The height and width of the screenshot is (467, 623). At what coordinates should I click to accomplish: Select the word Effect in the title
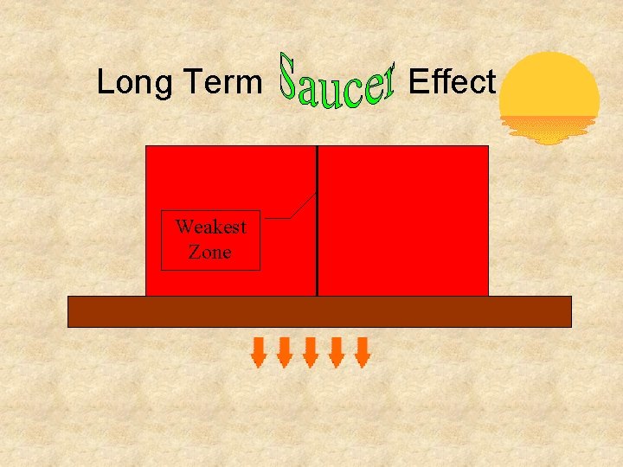tap(452, 82)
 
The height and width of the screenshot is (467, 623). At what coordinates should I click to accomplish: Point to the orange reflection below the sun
tap(549, 131)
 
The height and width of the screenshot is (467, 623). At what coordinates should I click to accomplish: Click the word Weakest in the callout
tap(210, 227)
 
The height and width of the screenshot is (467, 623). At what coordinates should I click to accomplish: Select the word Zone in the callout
tap(210, 252)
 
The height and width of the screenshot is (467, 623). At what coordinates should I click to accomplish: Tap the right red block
tap(403, 221)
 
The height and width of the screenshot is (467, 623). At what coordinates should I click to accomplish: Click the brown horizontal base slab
tap(319, 311)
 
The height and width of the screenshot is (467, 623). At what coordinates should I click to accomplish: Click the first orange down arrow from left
tap(259, 352)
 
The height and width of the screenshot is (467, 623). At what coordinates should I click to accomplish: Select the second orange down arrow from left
tap(285, 352)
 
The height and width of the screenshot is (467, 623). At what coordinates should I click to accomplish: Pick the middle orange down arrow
tap(311, 352)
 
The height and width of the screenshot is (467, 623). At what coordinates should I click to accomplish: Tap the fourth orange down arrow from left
tap(337, 352)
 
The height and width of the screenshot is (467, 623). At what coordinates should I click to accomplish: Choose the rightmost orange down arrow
tap(363, 352)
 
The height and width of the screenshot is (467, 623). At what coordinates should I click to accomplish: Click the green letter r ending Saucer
tap(386, 80)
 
